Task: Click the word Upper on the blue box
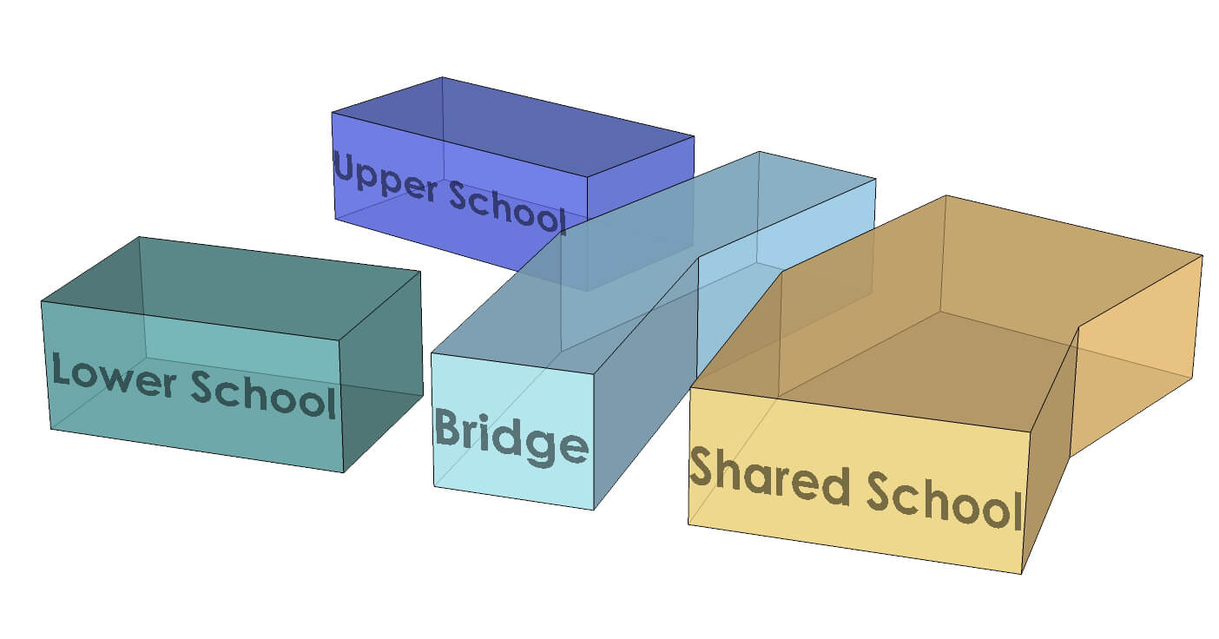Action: click(386, 176)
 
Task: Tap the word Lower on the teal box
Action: click(114, 374)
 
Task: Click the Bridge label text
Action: click(511, 439)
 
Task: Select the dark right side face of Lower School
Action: click(382, 373)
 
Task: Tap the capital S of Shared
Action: click(703, 470)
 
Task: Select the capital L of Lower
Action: click(60, 370)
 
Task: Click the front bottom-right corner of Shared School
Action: click(1021, 574)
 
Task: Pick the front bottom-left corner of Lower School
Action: click(51, 429)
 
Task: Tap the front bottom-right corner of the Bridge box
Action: click(594, 510)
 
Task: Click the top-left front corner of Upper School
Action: click(332, 113)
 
